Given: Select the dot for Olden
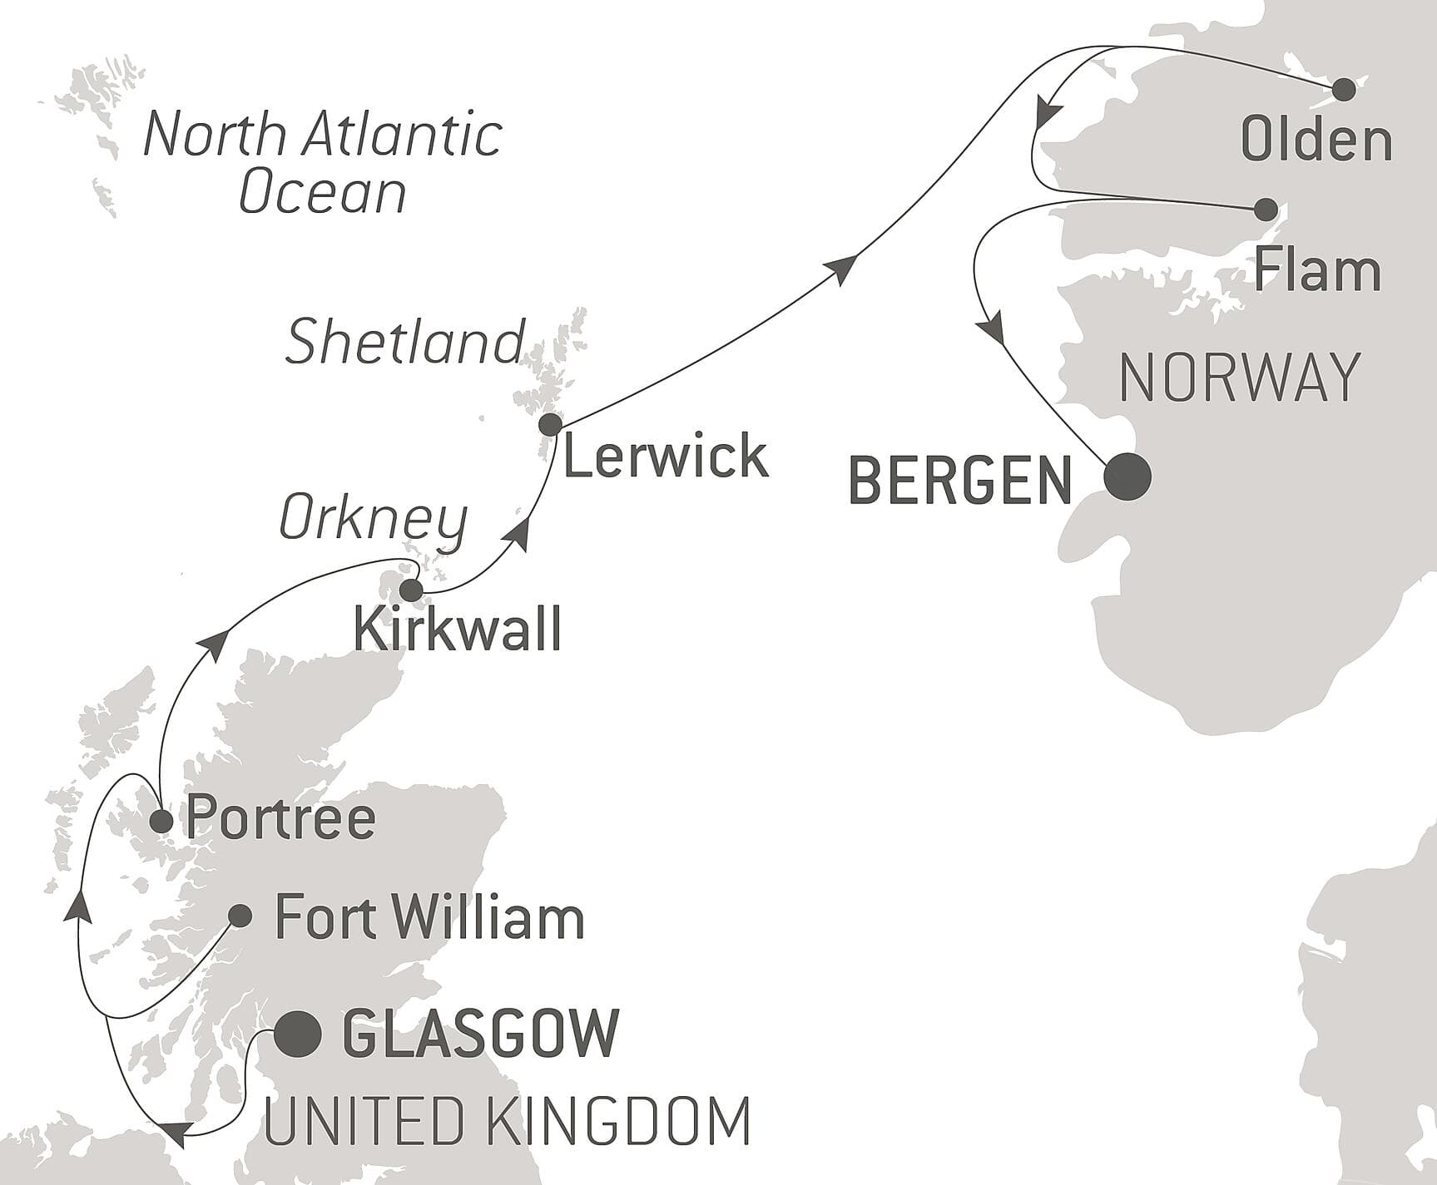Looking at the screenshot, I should coord(1344,90).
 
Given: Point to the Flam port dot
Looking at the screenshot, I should coord(1265,209).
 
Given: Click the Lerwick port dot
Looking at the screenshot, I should coord(550,425).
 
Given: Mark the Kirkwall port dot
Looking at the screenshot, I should coord(411,590).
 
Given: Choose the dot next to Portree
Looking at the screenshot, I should coord(161,822).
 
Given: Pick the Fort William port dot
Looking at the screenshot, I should coord(240,916).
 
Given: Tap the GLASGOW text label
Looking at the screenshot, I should coord(481,1034).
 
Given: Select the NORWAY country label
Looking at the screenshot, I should coord(1240,378).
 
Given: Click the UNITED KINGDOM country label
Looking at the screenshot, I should coord(508,1122).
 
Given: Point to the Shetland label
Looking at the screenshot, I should coord(404,342).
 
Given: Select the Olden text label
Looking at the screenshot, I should coord(1316,140).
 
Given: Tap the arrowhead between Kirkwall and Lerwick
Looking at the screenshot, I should coord(519,535).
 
